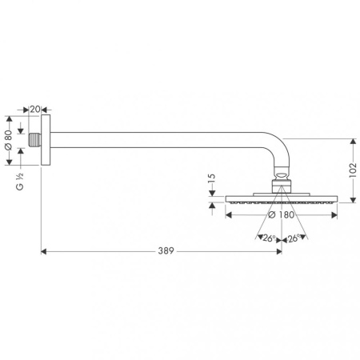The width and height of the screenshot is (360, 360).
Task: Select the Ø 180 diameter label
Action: (281, 215)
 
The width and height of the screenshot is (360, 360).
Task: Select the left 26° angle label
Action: (268, 238)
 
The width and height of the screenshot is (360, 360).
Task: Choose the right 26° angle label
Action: (293, 238)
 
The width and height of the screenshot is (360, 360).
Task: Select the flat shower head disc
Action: (280, 201)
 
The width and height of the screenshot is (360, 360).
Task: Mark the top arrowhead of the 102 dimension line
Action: (351, 141)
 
